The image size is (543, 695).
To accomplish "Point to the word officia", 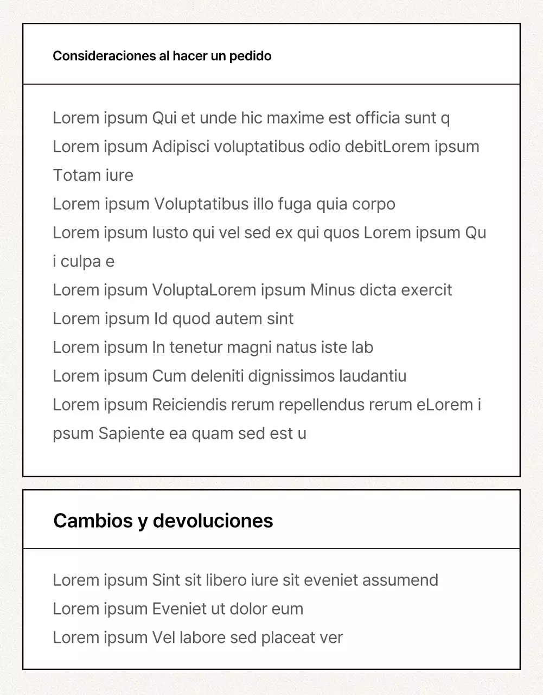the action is coord(378,118).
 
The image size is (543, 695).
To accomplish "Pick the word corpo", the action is coord(374,204).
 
